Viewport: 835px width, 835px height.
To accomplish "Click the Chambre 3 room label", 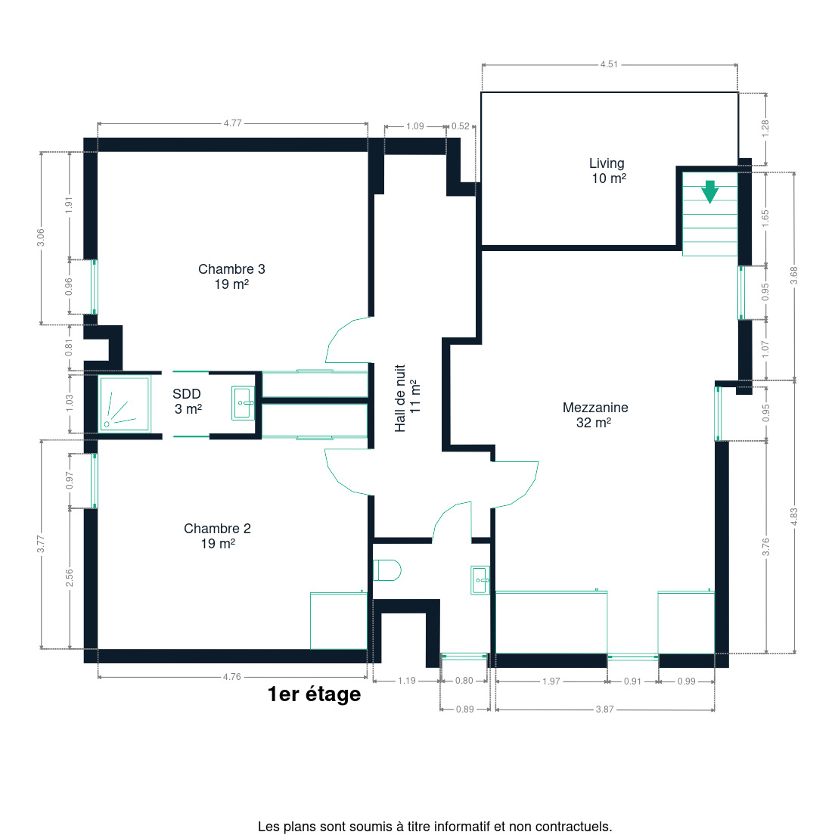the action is point(231,276).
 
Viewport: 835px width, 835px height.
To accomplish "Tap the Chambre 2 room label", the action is point(217,535).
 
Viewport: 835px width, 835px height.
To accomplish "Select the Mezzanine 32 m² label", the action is point(595,414).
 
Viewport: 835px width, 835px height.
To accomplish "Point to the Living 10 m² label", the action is point(607,171).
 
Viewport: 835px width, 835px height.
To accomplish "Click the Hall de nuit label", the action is point(408,398).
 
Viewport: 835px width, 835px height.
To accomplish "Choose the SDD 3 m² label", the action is point(187,401).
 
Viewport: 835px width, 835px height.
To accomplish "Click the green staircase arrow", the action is point(710,191).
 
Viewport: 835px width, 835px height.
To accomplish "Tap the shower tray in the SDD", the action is point(125,404).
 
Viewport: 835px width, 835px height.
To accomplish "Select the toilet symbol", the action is point(386,570).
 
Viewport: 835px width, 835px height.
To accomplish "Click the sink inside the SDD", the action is point(243,403).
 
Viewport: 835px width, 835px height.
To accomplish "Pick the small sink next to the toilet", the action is point(480,580).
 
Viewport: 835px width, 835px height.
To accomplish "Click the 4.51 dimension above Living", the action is point(609,64).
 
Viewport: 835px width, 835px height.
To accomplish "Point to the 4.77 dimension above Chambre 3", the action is point(233,123).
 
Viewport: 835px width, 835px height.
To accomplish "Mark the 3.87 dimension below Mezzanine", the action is point(605,709).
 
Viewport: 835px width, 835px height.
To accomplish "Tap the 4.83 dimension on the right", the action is point(794,517).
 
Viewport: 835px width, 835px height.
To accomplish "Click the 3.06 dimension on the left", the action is point(41,238).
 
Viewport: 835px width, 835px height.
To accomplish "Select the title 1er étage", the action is point(314,694).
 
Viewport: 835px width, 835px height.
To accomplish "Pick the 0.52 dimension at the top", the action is point(461,126).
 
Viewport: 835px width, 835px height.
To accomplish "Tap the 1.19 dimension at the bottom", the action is point(407,681).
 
